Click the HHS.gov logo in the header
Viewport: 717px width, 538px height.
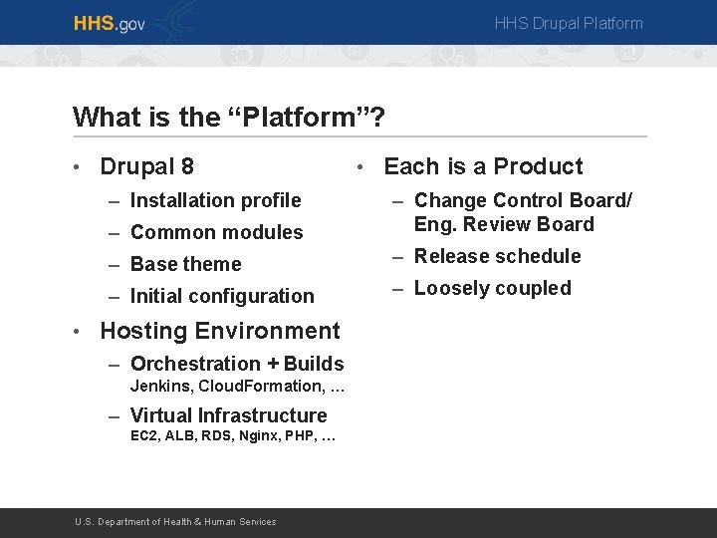(109, 23)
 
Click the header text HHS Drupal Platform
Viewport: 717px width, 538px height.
(569, 23)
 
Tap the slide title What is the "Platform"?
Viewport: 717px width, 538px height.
(229, 118)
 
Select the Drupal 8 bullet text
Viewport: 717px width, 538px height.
(147, 166)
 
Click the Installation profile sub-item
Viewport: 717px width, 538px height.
(215, 200)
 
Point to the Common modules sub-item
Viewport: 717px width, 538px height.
(216, 232)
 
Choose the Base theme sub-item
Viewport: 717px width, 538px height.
(185, 264)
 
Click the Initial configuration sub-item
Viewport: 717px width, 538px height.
(221, 296)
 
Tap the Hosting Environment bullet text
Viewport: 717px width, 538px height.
(220, 331)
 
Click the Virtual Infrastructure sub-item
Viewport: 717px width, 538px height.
(228, 415)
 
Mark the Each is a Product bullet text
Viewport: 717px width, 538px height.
(483, 166)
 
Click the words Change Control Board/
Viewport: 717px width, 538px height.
(523, 200)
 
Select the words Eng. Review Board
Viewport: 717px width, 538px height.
(504, 224)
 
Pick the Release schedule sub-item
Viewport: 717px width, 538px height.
(497, 256)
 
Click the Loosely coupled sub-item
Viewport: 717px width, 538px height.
(492, 288)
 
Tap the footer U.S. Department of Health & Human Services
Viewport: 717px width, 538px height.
(176, 522)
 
